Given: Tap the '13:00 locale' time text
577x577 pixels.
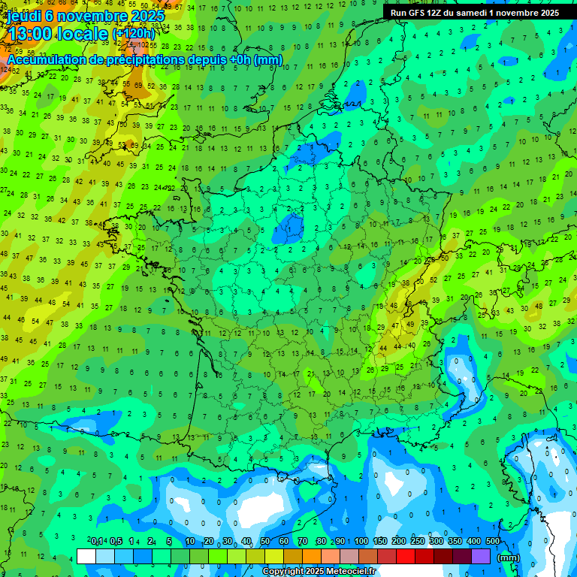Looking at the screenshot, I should tap(57, 34).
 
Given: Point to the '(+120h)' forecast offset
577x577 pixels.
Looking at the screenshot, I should tap(133, 34).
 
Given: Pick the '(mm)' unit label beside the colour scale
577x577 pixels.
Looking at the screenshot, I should tap(509, 557).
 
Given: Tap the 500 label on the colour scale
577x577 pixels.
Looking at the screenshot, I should tap(492, 542).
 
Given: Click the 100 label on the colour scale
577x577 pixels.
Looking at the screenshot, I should tap(361, 542).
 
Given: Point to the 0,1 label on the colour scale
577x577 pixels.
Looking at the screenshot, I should tap(97, 542).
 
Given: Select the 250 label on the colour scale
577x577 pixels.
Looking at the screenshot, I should tap(417, 542).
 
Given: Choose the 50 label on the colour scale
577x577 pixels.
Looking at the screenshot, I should tap(265, 542).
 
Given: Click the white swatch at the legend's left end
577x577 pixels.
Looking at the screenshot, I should tap(86, 557).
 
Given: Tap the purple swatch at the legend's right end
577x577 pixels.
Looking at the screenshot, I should tap(482, 557).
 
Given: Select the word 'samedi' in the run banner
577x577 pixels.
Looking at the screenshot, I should tap(475, 13).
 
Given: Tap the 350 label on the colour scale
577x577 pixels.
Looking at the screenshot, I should tap(455, 542).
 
